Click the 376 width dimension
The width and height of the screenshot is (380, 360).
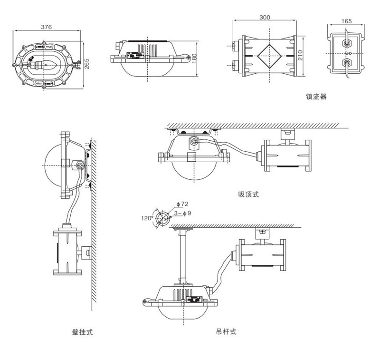[x=46, y=27]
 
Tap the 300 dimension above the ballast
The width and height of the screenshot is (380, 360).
[x=265, y=18]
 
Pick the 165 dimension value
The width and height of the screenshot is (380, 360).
[x=347, y=21]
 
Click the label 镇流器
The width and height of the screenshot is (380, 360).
[x=316, y=97]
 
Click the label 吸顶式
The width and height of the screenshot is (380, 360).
[x=249, y=194]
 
